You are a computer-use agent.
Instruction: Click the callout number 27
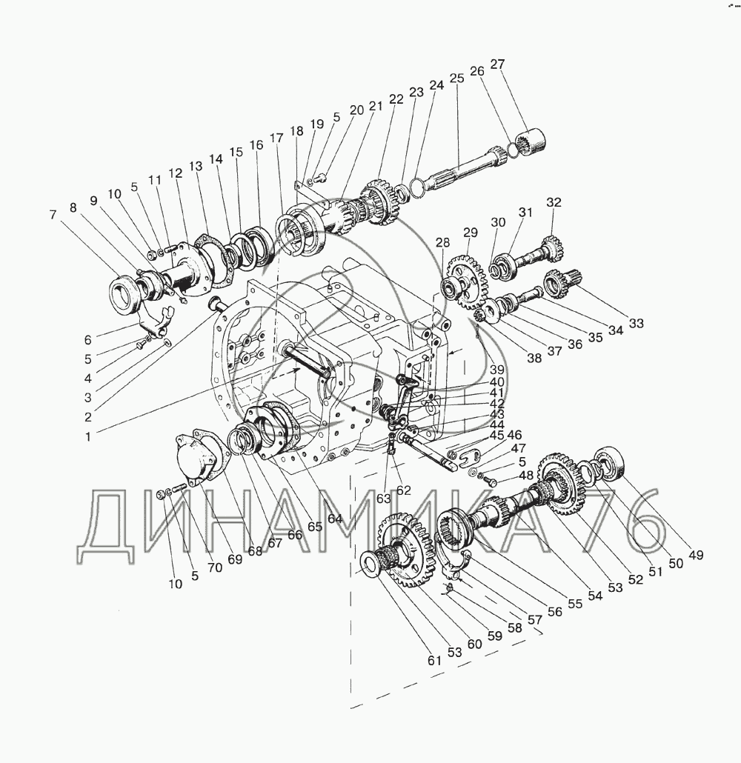click(x=497, y=64)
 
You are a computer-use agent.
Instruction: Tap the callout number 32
click(x=554, y=202)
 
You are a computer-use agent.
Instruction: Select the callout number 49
click(x=697, y=555)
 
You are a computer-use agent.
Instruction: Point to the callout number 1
click(x=88, y=436)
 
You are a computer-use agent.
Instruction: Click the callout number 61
click(x=434, y=660)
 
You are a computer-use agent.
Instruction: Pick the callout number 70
click(x=214, y=567)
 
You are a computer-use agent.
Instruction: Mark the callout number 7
click(x=53, y=215)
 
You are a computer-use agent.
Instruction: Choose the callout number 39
click(x=497, y=370)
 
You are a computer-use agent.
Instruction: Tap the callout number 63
click(x=383, y=499)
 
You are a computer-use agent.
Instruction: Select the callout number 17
click(x=276, y=139)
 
